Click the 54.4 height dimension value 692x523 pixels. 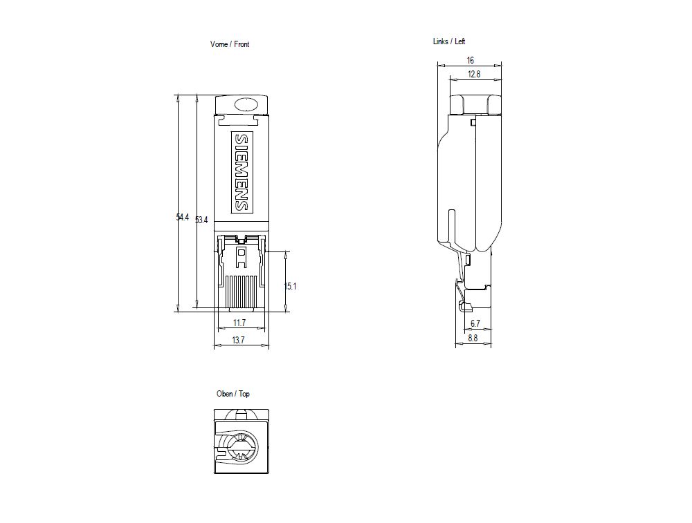182,218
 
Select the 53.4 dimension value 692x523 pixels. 201,220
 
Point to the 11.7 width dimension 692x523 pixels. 239,323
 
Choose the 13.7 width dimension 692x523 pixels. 239,340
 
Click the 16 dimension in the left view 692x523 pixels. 471,61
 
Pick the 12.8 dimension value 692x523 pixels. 473,74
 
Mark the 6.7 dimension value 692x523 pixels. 475,323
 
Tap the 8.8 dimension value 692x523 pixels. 473,338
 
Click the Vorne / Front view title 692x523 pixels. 230,44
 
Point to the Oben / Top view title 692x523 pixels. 233,394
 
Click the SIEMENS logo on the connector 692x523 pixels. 241,172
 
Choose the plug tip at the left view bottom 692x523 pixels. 474,297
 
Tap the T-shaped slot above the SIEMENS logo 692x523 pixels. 241,120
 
